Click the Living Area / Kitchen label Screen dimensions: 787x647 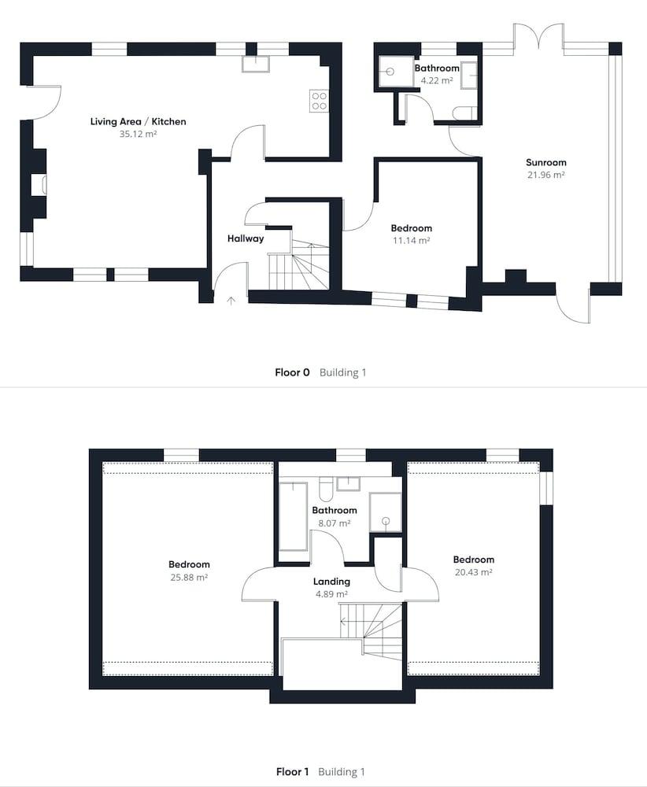[x=138, y=121]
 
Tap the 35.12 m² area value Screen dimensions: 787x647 [x=138, y=134]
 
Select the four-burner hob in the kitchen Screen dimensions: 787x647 [x=319, y=100]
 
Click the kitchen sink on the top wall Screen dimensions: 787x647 [x=256, y=64]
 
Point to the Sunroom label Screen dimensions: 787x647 [x=545, y=163]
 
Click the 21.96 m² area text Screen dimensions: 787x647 [x=545, y=175]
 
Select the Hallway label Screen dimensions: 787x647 [x=246, y=238]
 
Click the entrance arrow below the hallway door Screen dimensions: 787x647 [x=231, y=300]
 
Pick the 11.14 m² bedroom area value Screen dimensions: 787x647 [x=411, y=241]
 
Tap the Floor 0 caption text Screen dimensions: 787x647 [x=292, y=372]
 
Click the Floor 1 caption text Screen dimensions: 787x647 [x=292, y=772]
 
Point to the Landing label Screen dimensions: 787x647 [x=331, y=582]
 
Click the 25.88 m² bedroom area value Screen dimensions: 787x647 [x=189, y=577]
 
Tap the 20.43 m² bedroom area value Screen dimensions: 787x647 [x=473, y=572]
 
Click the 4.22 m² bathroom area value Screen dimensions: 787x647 [x=437, y=80]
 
